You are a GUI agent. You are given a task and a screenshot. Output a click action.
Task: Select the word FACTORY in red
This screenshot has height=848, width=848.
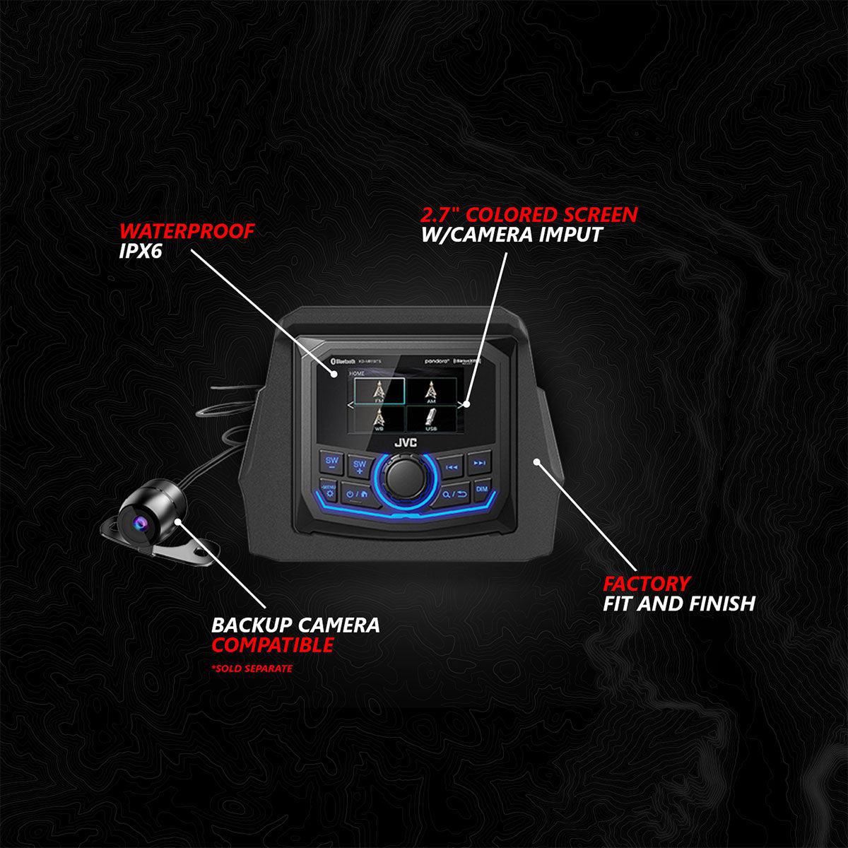[647, 584]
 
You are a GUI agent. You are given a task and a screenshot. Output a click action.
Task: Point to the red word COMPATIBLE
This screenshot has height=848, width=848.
[273, 644]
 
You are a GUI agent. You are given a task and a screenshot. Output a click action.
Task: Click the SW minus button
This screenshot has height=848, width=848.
[331, 464]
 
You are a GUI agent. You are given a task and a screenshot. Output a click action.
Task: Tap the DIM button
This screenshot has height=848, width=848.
[481, 489]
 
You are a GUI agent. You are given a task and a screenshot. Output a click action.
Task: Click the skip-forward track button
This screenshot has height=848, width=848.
[479, 464]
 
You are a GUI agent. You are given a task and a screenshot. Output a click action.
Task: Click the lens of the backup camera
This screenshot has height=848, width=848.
[139, 522]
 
